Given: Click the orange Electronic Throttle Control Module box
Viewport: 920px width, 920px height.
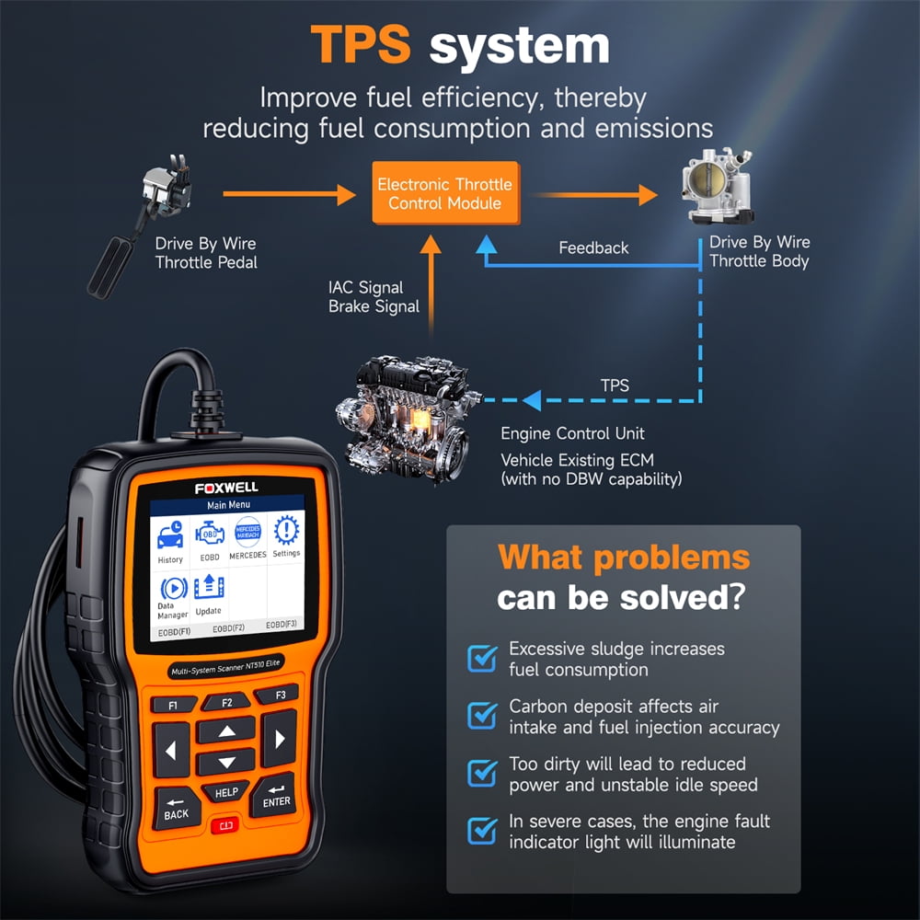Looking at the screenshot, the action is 445,193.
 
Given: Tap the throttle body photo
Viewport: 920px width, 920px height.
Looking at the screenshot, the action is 718,187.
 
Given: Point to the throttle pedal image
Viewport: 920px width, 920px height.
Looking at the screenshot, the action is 140,226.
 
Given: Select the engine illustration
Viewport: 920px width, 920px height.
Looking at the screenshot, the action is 408,417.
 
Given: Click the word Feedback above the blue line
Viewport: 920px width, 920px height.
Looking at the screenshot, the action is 593,248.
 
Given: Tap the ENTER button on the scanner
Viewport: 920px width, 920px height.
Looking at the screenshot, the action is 274,795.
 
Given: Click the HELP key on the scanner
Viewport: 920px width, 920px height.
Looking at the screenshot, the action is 226,792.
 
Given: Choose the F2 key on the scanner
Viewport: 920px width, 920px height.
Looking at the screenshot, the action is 227,702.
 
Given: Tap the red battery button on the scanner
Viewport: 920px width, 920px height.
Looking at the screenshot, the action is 226,825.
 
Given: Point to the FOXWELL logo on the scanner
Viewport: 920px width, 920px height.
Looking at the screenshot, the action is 226,488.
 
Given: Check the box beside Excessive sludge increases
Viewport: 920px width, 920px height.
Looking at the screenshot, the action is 482,658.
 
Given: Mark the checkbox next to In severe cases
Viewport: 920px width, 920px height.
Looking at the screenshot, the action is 482,830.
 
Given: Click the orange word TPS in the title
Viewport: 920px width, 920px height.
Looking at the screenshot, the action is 361,44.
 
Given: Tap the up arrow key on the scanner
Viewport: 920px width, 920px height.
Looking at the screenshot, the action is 227,731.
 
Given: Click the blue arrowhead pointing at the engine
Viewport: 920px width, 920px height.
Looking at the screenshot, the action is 532,400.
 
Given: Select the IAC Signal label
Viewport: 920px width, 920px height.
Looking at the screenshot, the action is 365,287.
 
